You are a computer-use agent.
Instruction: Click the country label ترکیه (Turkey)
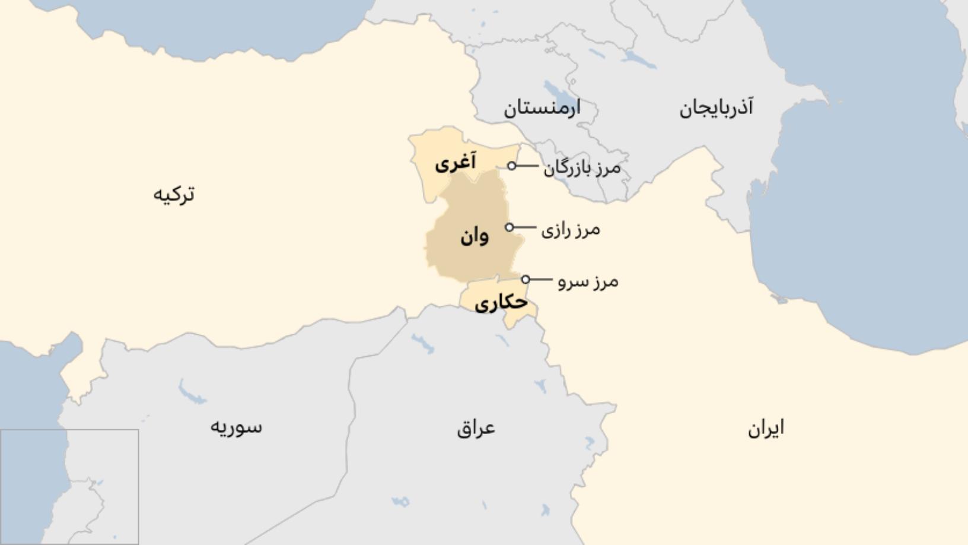tap(174, 194)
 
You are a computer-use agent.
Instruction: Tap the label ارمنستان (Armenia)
tap(542, 108)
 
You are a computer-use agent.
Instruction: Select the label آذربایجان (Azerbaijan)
tap(716, 108)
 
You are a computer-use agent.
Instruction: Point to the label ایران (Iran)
tap(766, 428)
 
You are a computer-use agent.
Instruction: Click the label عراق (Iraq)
tap(476, 428)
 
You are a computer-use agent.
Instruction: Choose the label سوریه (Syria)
tap(235, 427)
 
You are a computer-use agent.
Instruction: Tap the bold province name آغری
tap(455, 163)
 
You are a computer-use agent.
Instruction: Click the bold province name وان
tap(474, 237)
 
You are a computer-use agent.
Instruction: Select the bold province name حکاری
tap(501, 303)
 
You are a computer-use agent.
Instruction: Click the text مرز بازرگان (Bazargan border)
tap(582, 168)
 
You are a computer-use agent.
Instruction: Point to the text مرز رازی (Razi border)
tap(570, 230)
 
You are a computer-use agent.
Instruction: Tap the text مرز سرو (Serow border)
tap(588, 281)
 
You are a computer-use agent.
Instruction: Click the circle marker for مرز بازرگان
tap(512, 166)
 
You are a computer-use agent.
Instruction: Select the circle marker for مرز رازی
tap(510, 227)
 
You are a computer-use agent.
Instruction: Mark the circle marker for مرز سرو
tap(526, 279)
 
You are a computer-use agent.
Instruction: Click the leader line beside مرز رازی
tap(525, 227)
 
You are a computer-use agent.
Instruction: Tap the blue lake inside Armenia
tap(556, 91)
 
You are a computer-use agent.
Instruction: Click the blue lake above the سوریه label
tap(191, 392)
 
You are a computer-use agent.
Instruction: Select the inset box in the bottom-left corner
tap(69, 487)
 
